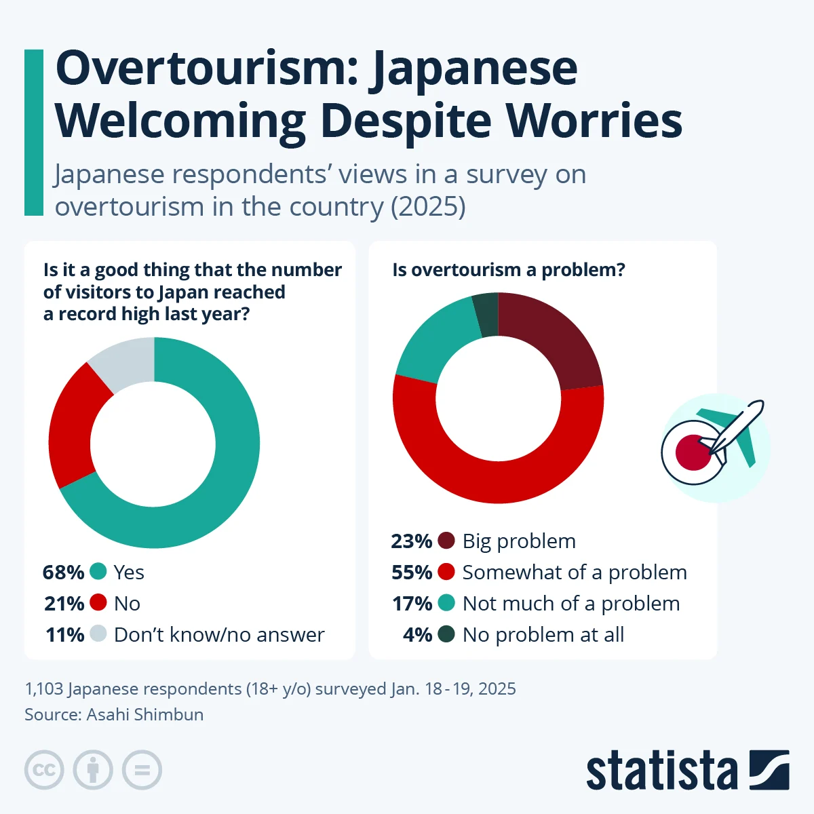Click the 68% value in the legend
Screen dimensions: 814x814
[x=63, y=573]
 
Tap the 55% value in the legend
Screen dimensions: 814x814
[x=412, y=573]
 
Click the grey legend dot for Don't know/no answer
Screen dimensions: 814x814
[x=98, y=634]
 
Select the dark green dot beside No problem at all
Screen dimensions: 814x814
[x=446, y=634]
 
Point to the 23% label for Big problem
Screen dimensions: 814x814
[x=412, y=541]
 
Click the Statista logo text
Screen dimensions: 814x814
[x=661, y=771]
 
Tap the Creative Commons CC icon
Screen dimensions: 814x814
[x=44, y=770]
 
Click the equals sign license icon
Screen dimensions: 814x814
[x=142, y=770]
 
